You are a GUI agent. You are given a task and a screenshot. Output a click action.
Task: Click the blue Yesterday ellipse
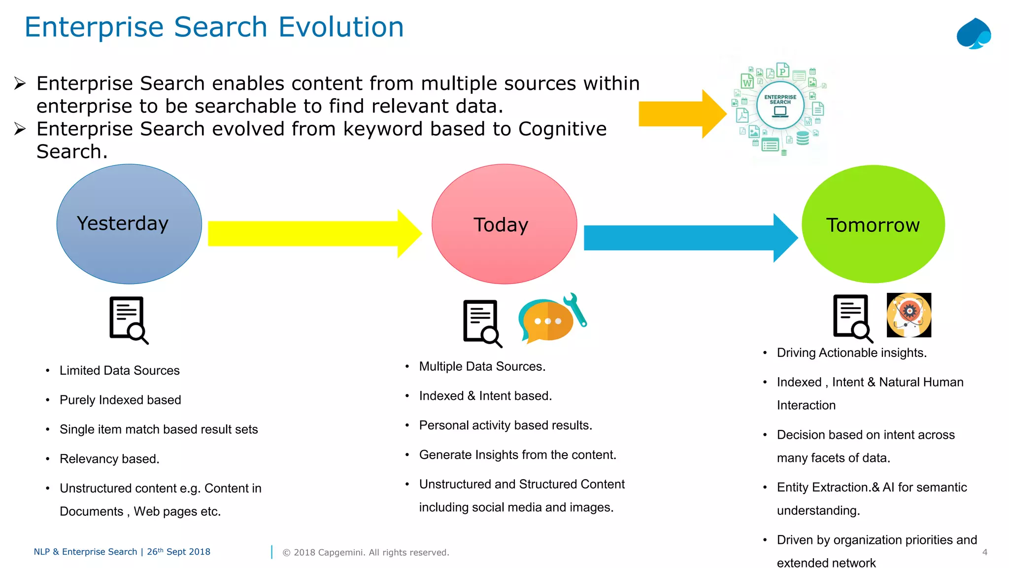pos(129,247)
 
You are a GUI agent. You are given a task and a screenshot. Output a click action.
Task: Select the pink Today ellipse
pos(504,251)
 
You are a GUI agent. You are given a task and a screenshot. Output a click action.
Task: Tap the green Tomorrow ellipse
pos(873,251)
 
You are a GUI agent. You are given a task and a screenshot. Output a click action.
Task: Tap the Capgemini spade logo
pos(974,34)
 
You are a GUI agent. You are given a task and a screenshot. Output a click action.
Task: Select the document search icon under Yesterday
pos(128,320)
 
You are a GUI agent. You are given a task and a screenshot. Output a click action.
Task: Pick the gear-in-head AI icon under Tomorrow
pos(908,315)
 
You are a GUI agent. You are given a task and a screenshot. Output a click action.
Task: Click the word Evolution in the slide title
pos(341,27)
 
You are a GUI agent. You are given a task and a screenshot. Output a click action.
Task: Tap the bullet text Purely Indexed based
pos(120,400)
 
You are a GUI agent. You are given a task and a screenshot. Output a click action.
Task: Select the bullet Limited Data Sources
pos(119,370)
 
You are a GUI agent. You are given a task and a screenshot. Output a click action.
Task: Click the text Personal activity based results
pos(505,426)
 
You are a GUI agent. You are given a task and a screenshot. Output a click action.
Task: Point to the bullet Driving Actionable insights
pos(851,353)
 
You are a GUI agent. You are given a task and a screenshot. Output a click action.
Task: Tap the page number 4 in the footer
pos(984,552)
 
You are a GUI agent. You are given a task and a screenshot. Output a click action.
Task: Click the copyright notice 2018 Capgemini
pos(366,553)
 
